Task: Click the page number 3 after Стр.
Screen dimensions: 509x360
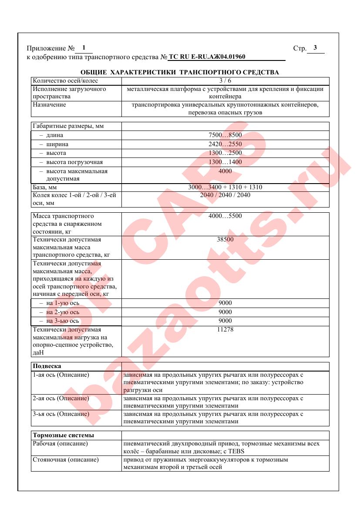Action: click(x=315, y=48)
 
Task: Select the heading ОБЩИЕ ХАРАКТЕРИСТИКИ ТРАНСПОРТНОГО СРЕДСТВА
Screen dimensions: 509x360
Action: click(x=180, y=72)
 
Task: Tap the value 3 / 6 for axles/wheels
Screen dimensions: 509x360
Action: click(x=225, y=81)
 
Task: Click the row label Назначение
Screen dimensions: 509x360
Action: click(x=49, y=105)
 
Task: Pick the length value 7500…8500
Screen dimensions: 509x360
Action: click(x=225, y=135)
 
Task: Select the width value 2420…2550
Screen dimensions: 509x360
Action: click(x=225, y=144)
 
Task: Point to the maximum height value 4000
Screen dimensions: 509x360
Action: click(x=225, y=171)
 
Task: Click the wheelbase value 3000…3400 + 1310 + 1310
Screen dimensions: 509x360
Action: click(x=225, y=187)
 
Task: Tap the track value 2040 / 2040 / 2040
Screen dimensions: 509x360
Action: click(x=225, y=195)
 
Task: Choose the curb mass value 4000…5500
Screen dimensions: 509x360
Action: click(x=225, y=216)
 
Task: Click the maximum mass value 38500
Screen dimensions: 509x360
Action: click(x=225, y=239)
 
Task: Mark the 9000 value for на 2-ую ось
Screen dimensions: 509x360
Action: click(x=225, y=312)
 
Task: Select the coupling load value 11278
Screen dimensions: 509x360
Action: click(x=225, y=329)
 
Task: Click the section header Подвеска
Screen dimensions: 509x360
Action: click(x=47, y=366)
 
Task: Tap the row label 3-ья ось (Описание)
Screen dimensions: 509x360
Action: click(x=61, y=414)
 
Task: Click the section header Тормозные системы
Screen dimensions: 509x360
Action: click(x=64, y=435)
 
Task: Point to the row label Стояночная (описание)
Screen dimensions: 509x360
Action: click(x=66, y=459)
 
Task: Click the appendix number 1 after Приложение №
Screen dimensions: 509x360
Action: click(x=84, y=47)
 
